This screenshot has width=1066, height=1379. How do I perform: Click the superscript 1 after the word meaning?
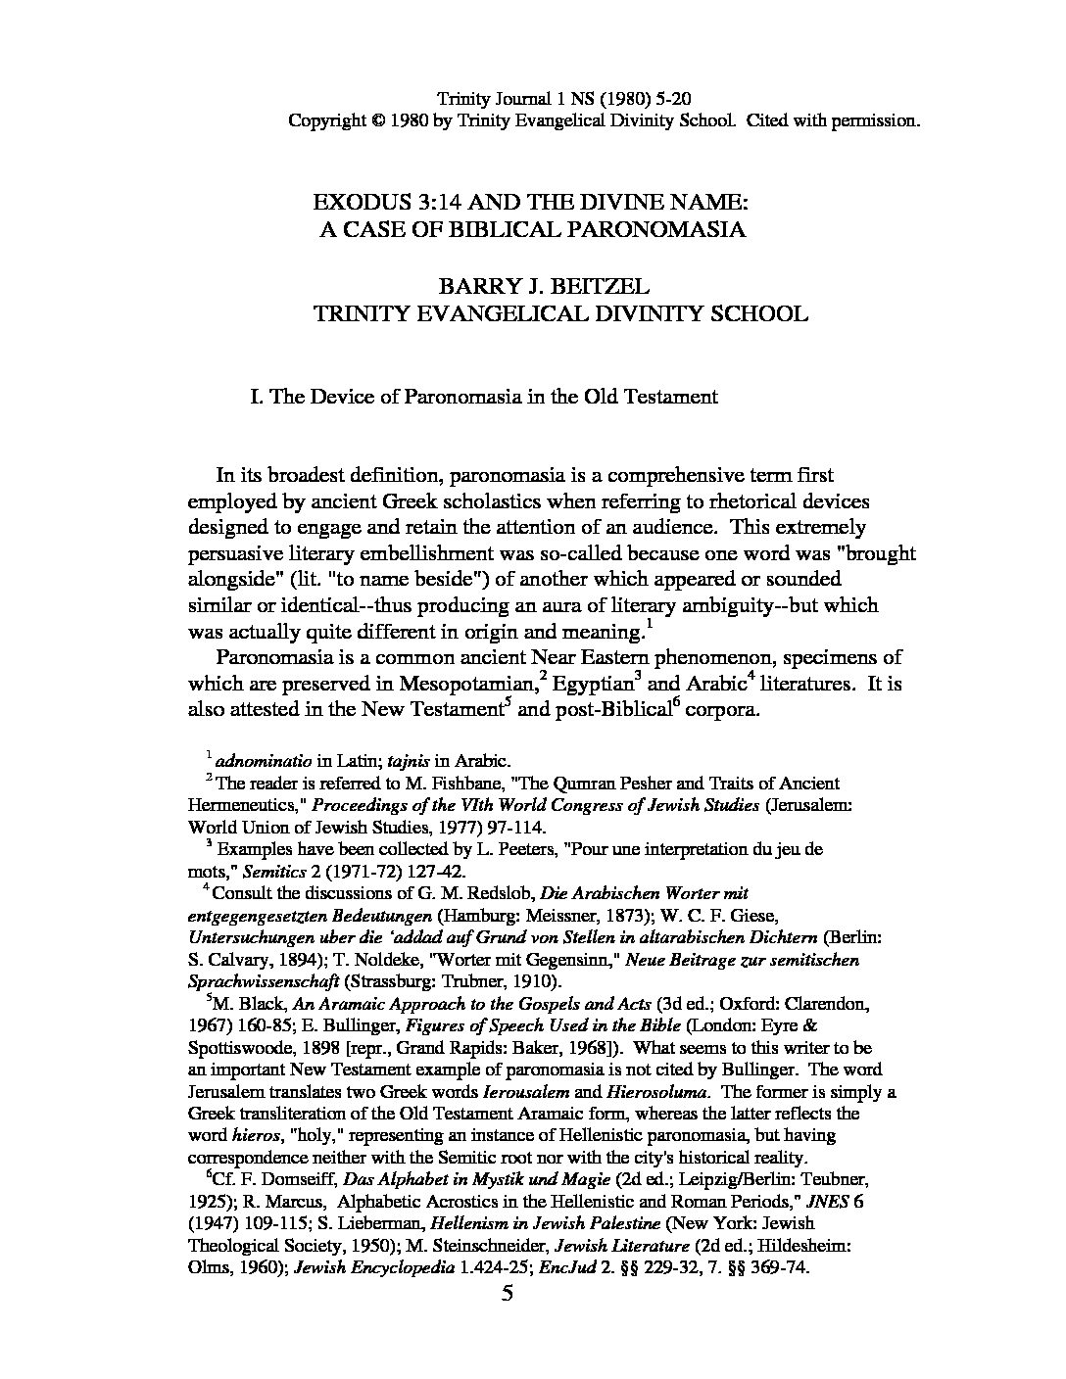[641, 624]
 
